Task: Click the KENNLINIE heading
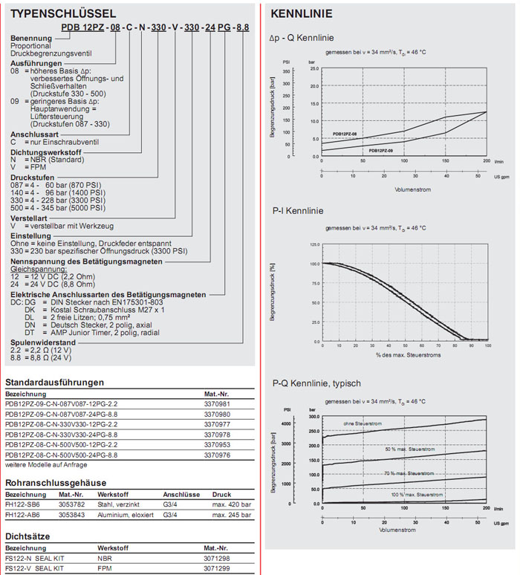tap(302, 13)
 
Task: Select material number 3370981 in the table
tap(217, 403)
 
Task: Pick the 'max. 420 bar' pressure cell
tap(232, 504)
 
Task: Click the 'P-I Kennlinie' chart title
tap(296, 210)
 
